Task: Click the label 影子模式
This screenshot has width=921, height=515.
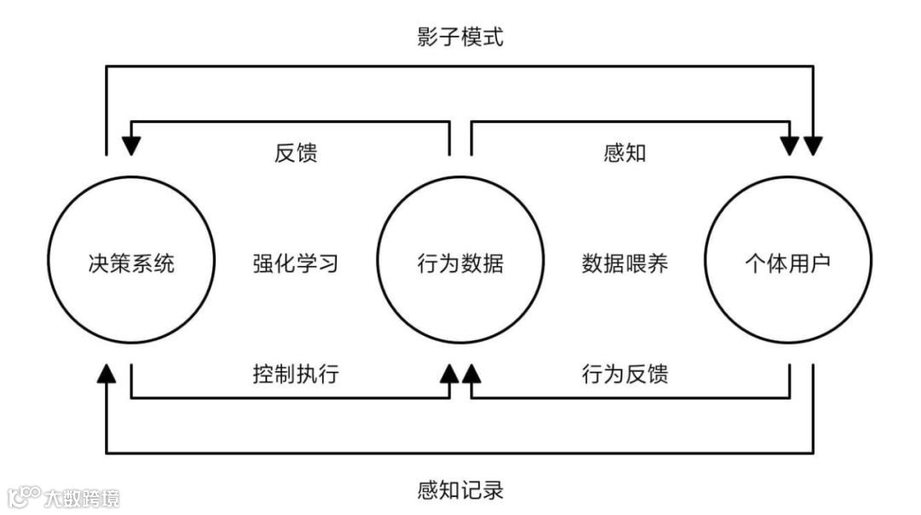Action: pos(460,37)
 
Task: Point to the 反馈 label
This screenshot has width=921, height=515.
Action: pos(297,153)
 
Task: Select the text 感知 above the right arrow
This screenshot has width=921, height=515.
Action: pos(624,153)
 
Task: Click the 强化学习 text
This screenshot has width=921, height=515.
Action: pos(296,263)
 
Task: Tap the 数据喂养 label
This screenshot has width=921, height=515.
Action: pos(624,263)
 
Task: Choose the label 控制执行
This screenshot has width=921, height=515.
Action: pos(296,373)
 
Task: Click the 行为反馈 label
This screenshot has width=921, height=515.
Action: pos(624,373)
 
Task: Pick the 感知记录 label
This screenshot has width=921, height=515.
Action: pos(460,490)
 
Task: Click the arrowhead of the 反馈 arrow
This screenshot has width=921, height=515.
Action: pos(131,146)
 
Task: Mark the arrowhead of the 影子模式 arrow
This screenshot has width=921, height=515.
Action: pos(814,146)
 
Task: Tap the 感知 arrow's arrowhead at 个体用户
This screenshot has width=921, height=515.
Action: pos(790,146)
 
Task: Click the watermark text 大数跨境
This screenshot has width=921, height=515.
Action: pos(82,498)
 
